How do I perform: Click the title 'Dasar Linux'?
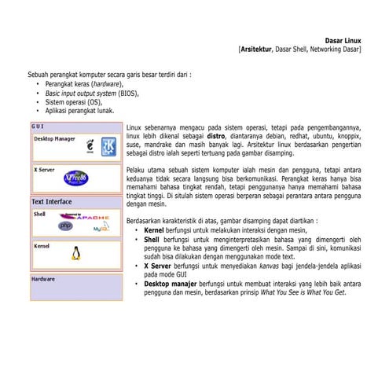pos(343,39)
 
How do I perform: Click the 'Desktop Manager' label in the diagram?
pos(54,138)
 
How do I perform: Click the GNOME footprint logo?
pos(90,147)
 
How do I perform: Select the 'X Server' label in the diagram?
pos(44,169)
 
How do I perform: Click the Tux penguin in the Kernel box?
pos(76,253)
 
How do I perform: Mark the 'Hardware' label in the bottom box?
pos(43,279)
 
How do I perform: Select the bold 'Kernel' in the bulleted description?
pos(155,231)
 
